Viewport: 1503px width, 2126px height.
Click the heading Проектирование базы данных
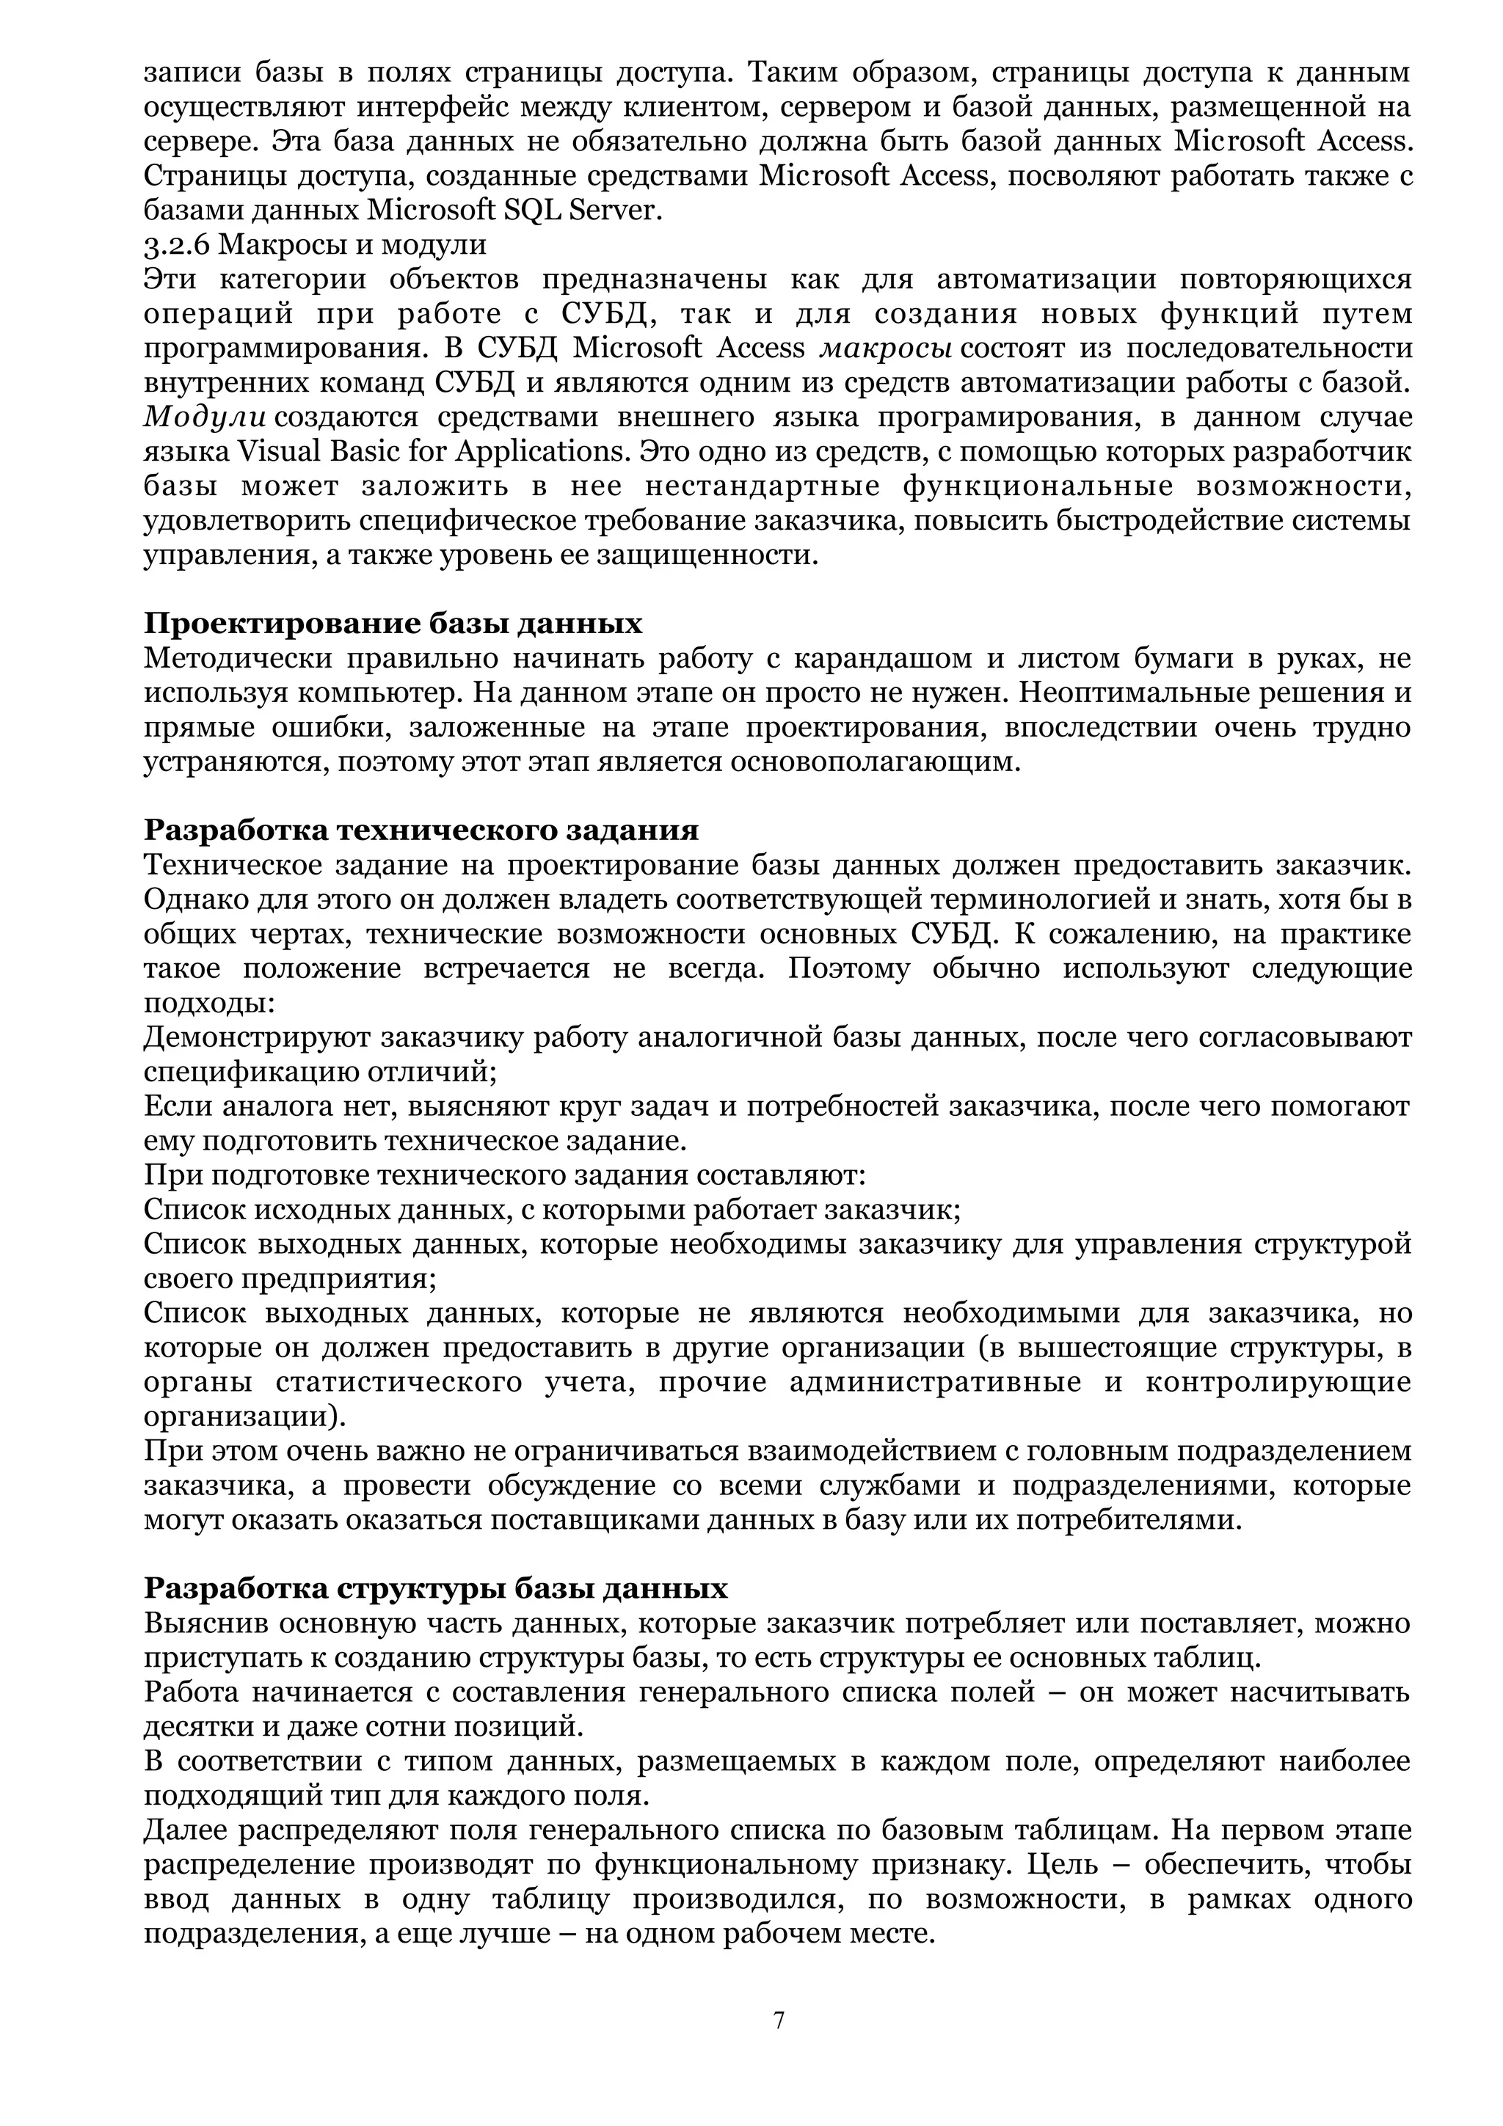point(393,623)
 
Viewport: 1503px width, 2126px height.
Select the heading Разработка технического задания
point(421,830)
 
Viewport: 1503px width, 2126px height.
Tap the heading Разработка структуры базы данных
point(435,1588)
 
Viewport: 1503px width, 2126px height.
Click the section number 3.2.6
point(177,244)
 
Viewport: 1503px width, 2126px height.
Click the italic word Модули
point(205,417)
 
